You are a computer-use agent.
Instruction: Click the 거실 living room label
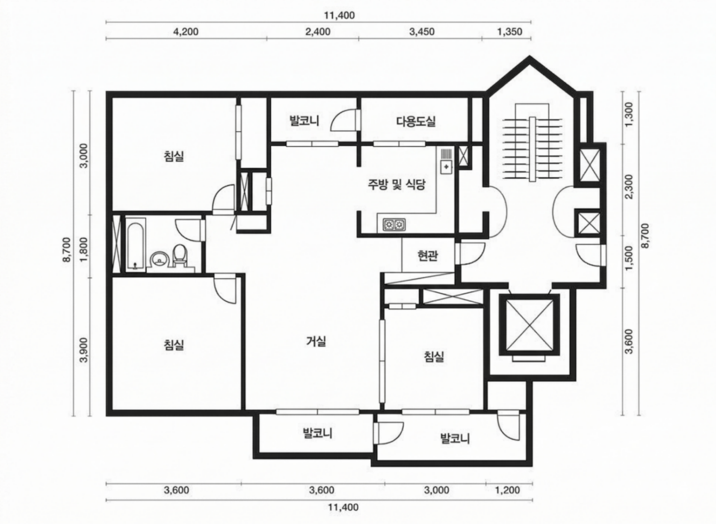tap(316, 341)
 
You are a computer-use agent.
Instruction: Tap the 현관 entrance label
tap(428, 256)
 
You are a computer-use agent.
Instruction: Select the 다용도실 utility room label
tap(416, 121)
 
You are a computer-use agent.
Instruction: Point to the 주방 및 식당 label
tap(396, 185)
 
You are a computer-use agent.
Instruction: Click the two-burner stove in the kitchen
tap(394, 225)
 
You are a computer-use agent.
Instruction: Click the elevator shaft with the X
tap(530, 325)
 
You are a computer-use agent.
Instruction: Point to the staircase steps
tap(532, 149)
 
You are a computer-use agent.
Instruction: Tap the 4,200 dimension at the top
tap(186, 32)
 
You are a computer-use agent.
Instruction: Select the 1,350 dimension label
tap(509, 32)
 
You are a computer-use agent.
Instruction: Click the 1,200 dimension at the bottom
tap(508, 490)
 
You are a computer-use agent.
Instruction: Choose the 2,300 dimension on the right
tap(629, 187)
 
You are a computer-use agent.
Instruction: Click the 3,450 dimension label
tap(422, 32)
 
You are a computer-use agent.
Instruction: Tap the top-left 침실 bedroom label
tap(174, 156)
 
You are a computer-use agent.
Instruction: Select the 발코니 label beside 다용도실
tap(304, 121)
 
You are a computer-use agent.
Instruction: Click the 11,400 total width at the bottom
tap(343, 507)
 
